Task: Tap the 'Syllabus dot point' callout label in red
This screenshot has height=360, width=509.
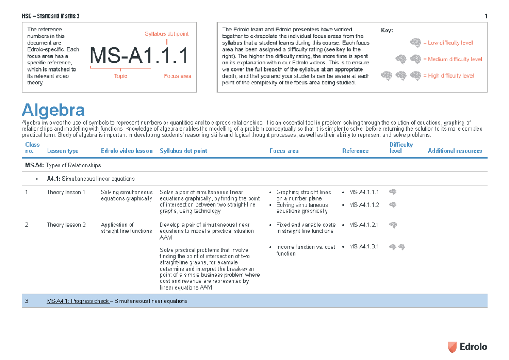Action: point(167,34)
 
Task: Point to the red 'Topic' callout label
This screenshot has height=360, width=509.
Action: point(121,76)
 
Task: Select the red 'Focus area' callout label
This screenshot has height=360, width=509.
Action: point(177,76)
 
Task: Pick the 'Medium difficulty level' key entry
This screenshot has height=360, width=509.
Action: point(452,59)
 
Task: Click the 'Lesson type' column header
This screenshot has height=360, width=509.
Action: point(62,151)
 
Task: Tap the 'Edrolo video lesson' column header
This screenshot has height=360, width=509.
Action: point(126,151)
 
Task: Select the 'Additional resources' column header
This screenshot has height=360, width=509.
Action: point(455,151)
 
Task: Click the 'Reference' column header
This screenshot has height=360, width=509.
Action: point(355,151)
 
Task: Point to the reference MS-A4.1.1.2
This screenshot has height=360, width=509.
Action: point(364,205)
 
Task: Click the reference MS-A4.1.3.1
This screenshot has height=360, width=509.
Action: point(364,247)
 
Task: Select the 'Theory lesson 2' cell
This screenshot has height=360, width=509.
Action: point(66,225)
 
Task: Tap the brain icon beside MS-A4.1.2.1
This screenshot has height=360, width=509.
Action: point(393,225)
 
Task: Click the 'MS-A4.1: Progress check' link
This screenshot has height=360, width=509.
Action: point(78,301)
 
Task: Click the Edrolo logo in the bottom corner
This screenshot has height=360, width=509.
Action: point(467,347)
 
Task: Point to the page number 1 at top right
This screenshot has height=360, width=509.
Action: point(486,17)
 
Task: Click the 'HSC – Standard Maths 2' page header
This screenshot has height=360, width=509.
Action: point(50,17)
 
